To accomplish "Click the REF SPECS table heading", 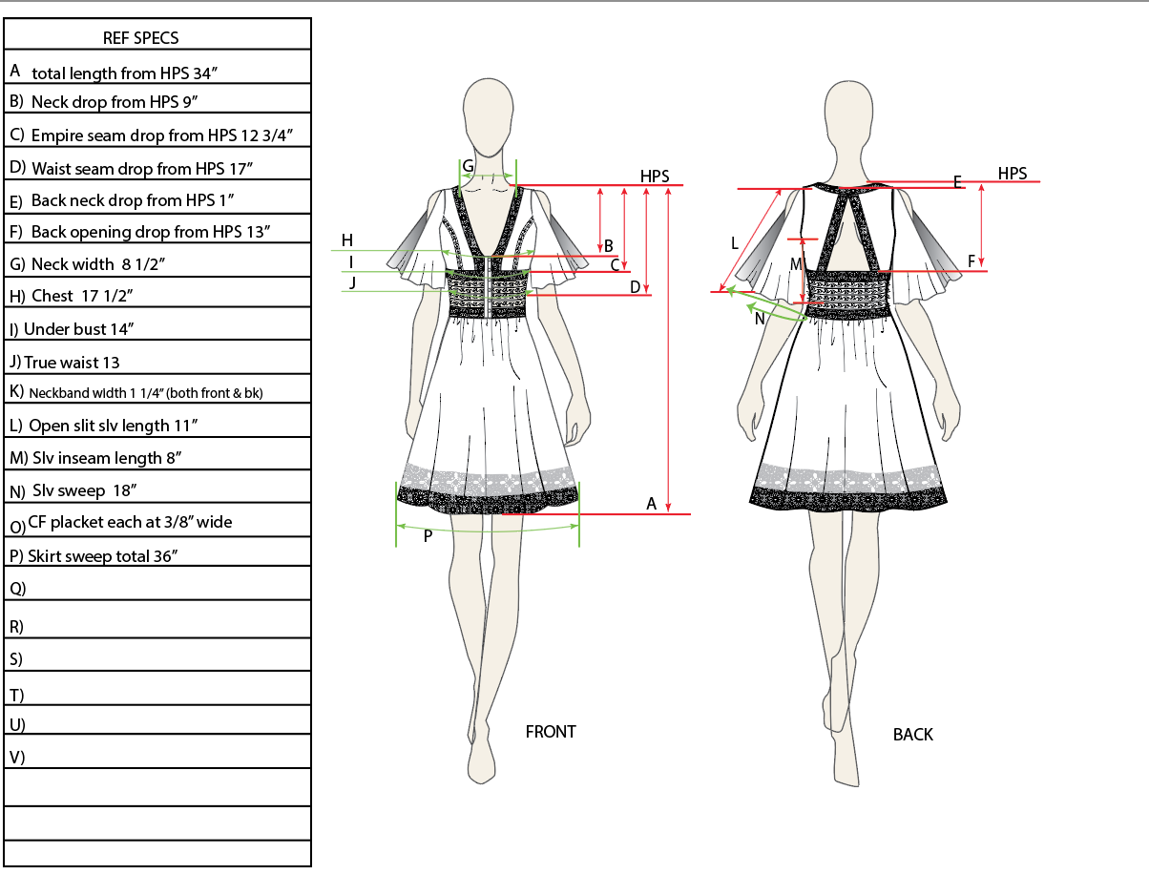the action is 140,38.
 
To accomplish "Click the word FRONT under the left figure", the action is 551,732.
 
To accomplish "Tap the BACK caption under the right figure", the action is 912,735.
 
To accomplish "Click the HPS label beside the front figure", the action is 655,177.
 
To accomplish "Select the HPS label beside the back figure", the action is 1013,173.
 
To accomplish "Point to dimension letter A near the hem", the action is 652,503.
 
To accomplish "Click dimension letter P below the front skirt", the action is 428,536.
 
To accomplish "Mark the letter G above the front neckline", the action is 468,166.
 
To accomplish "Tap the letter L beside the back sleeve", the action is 734,243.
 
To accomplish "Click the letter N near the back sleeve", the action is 760,320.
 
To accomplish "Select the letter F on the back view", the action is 971,260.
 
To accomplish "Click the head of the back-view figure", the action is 852,116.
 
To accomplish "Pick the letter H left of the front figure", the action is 347,239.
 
